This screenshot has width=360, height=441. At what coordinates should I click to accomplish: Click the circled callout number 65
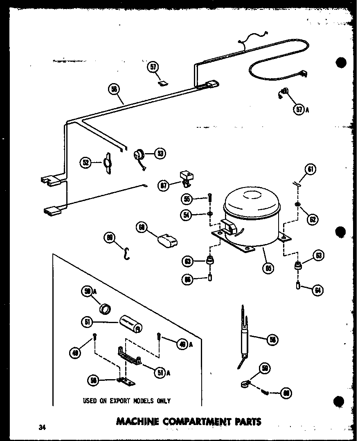click(270, 268)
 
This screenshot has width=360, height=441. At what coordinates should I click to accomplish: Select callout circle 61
click(311, 169)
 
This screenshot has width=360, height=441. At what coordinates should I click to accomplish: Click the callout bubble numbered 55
click(187, 199)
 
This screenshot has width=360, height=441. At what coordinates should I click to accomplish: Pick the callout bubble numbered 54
click(187, 215)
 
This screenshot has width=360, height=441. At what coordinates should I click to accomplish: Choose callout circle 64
click(317, 290)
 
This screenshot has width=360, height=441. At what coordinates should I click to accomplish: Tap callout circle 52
click(86, 163)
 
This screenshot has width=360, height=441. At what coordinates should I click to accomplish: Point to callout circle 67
click(164, 186)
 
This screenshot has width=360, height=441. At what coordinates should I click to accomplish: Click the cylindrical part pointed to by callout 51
click(130, 323)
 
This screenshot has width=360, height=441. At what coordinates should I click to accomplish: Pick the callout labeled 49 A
click(182, 345)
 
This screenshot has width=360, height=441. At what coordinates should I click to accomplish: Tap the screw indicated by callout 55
click(210, 198)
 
